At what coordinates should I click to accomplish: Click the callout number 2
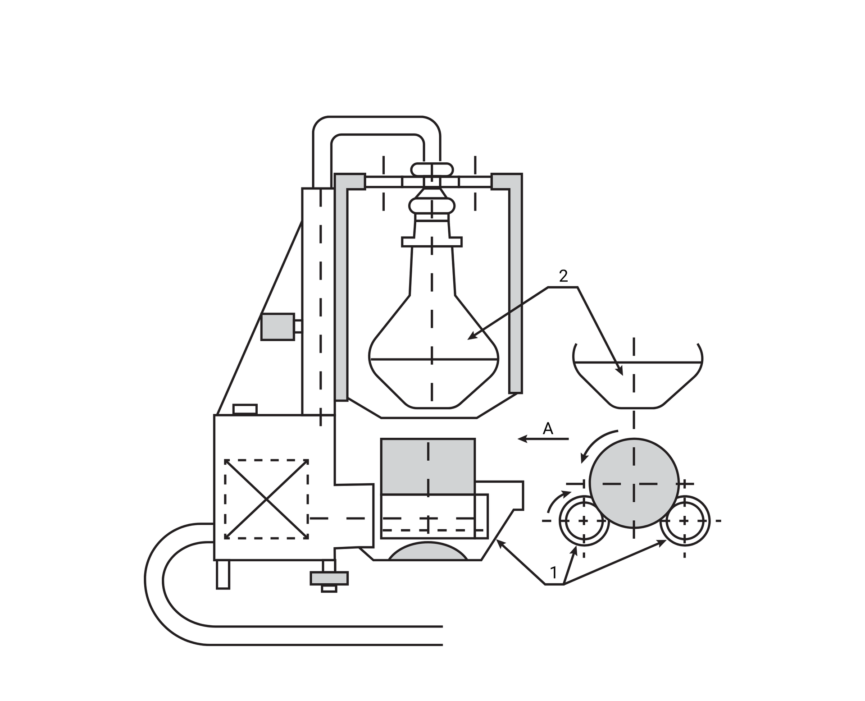pyautogui.click(x=563, y=276)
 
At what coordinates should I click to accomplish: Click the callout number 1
pyautogui.click(x=554, y=573)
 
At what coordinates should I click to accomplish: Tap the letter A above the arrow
pyautogui.click(x=547, y=428)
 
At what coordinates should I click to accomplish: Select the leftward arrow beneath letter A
pyautogui.click(x=543, y=439)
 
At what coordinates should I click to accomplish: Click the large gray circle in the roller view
pyautogui.click(x=633, y=483)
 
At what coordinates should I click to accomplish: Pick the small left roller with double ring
pyautogui.click(x=583, y=521)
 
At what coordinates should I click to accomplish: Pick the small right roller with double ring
pyautogui.click(x=684, y=521)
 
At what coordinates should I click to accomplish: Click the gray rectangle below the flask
pyautogui.click(x=428, y=466)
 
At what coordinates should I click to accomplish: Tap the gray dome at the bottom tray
pyautogui.click(x=428, y=552)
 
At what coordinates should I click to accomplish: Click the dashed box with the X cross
pyautogui.click(x=266, y=499)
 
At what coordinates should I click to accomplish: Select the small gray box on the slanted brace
pyautogui.click(x=278, y=327)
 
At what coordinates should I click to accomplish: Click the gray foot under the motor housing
pyautogui.click(x=329, y=578)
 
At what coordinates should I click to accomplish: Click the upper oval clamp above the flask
pyautogui.click(x=432, y=170)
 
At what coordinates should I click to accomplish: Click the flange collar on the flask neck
pyautogui.click(x=432, y=242)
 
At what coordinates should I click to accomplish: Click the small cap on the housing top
pyautogui.click(x=245, y=409)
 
